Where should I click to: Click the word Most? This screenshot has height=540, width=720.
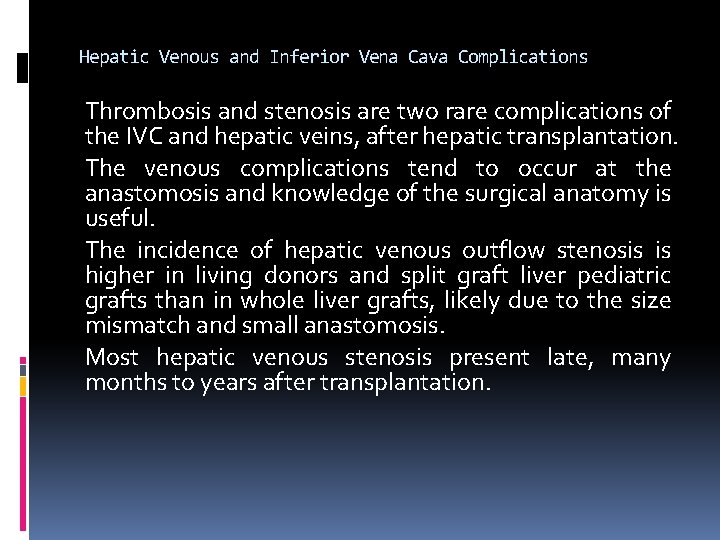[112, 358]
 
